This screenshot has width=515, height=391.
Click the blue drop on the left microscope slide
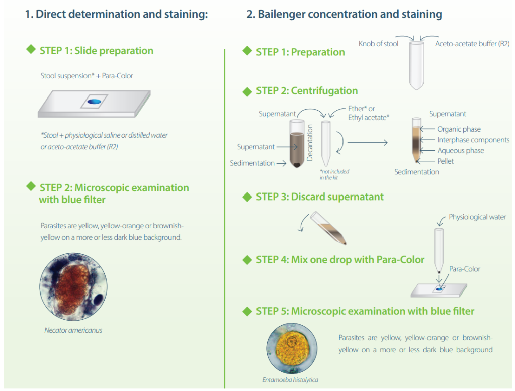[93, 102]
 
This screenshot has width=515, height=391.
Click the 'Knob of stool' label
[378, 44]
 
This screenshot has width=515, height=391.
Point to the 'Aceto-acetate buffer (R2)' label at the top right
[472, 44]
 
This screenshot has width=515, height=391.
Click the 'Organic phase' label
[459, 129]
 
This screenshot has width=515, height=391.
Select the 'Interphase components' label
[473, 140]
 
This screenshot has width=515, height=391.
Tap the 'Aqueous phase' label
[461, 150]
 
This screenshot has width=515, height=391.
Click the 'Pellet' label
[446, 161]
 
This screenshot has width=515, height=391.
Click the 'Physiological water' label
[477, 217]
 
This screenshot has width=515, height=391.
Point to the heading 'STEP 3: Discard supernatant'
[319, 197]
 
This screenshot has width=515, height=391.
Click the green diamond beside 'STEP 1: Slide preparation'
[32, 50]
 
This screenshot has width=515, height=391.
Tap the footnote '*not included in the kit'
[334, 174]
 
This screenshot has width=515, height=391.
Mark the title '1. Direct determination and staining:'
[116, 14]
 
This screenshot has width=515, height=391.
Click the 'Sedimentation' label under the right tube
[416, 172]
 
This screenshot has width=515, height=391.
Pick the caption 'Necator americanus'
[73, 330]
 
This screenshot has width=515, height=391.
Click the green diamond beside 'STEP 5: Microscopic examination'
[247, 311]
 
